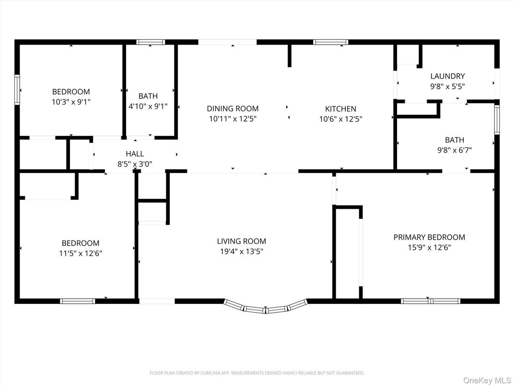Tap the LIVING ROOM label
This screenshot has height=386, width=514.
click(241, 241)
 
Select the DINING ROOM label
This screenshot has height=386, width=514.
click(233, 109)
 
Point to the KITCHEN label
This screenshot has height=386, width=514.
click(340, 109)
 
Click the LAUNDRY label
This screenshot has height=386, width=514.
click(447, 76)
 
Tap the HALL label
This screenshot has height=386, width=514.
click(135, 154)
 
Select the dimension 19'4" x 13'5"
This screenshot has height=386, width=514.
click(241, 251)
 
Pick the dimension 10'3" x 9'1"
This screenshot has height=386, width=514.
click(71, 102)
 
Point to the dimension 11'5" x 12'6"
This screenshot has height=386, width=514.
click(80, 253)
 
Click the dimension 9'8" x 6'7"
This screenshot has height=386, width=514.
click(454, 150)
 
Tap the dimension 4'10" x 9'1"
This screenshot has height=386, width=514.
click(148, 106)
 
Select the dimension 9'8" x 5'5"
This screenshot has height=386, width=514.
click(447, 86)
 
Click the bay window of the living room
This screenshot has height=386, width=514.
click(265, 307)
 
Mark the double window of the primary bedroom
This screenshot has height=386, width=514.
click(430, 301)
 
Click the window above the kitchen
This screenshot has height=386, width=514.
click(331, 42)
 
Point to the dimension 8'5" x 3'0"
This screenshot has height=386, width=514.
click(135, 164)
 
